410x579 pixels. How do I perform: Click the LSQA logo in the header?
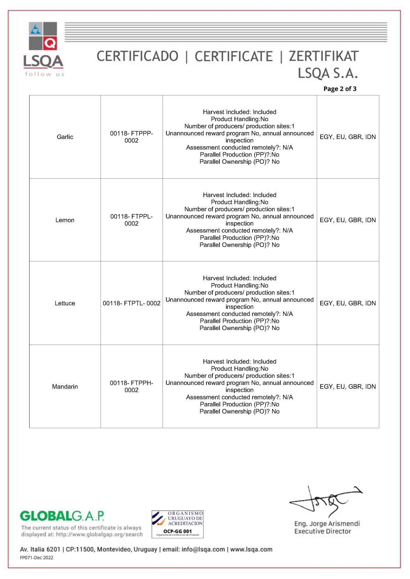pyautogui.click(x=43, y=49)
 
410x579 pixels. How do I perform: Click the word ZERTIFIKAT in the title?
pyautogui.click(x=323, y=56)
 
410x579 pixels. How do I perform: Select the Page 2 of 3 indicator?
pyautogui.click(x=340, y=89)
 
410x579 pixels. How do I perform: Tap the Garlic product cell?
pyautogui.click(x=65, y=137)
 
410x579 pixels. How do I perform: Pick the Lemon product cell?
pyautogui.click(x=65, y=220)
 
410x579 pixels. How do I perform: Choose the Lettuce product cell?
pyautogui.click(x=65, y=303)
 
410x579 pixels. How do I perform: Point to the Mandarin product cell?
pyautogui.click(x=65, y=387)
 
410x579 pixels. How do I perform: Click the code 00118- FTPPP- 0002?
pyautogui.click(x=131, y=137)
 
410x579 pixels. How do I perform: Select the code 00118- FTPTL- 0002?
pyautogui.click(x=131, y=303)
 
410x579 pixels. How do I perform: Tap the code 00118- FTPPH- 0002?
pyautogui.click(x=131, y=387)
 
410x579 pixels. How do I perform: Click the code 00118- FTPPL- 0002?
pyautogui.click(x=131, y=220)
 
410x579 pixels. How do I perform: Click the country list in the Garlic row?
pyautogui.click(x=348, y=137)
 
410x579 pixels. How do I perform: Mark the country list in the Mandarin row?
pyautogui.click(x=348, y=387)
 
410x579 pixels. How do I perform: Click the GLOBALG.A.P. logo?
pyautogui.click(x=62, y=516)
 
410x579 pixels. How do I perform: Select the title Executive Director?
pyautogui.click(x=322, y=531)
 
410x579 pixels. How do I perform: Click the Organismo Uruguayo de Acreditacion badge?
pyautogui.click(x=177, y=524)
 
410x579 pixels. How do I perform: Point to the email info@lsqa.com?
pyautogui.click(x=203, y=549)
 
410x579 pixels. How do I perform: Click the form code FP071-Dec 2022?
pyautogui.click(x=37, y=558)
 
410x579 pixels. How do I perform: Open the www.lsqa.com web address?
pyautogui.click(x=251, y=549)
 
